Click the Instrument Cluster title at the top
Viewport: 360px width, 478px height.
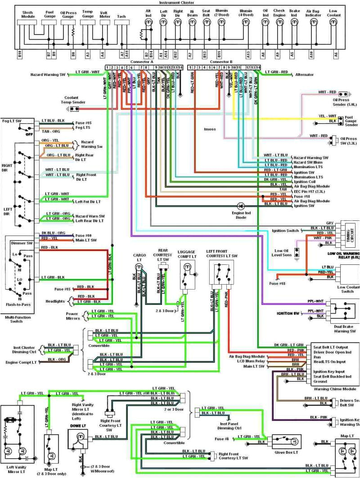(x=180, y=3)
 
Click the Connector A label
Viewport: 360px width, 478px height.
(x=142, y=62)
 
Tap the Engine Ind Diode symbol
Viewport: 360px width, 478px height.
(x=240, y=205)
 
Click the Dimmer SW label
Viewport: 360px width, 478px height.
(x=18, y=242)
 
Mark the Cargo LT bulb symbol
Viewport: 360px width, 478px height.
(x=139, y=267)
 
